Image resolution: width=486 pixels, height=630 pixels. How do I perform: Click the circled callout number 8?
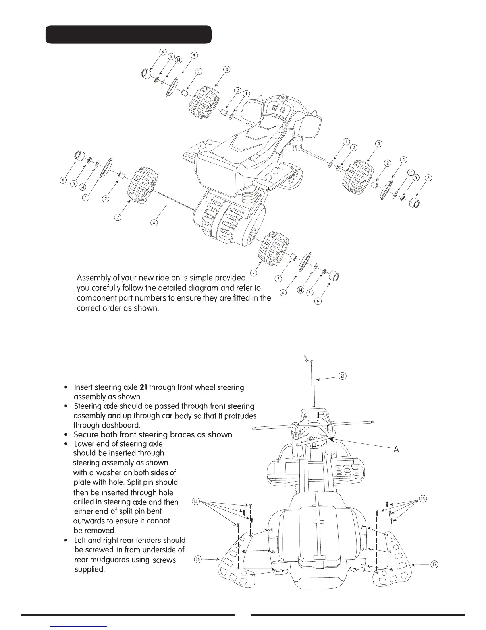pyautogui.click(x=154, y=223)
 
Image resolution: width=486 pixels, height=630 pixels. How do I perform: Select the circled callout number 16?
pyautogui.click(x=197, y=559)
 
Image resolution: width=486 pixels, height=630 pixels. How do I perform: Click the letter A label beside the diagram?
pyautogui.click(x=396, y=449)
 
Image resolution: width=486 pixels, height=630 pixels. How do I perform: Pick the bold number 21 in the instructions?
pyautogui.click(x=144, y=387)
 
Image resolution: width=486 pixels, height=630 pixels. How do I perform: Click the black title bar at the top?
pyautogui.click(x=128, y=35)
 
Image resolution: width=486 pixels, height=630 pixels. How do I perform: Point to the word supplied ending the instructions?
pyautogui.click(x=90, y=569)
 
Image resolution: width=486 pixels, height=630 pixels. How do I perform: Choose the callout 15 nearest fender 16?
pyautogui.click(x=196, y=501)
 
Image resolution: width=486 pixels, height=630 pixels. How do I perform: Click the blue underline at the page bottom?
pyautogui.click(x=79, y=626)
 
